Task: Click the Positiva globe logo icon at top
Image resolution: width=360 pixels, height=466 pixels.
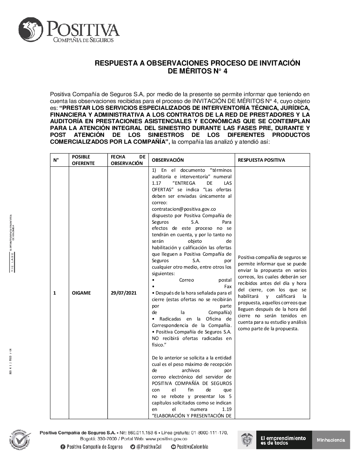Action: pos(31,30)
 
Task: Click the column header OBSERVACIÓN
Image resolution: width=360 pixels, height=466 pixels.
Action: pos(168,160)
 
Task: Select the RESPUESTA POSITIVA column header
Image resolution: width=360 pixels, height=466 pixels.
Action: pos(261,160)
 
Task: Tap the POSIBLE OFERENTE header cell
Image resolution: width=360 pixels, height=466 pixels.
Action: pos(83,160)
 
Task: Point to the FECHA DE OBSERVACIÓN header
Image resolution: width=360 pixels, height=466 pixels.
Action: pos(128,160)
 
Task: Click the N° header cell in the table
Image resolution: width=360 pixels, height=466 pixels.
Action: pos(56,160)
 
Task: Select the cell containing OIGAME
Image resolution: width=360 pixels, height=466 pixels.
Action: pos(81,293)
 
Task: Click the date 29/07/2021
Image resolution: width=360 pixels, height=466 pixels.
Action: pos(123,293)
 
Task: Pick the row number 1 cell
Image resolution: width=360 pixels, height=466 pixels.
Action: pos(55,293)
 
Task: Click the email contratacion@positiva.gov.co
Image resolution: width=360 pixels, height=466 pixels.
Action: pos(184,209)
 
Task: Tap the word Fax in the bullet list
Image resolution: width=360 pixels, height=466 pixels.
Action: pos(228,286)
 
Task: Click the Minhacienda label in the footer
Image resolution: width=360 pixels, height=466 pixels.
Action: pos(331,440)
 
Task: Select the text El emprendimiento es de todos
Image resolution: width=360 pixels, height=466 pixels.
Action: pos(283,440)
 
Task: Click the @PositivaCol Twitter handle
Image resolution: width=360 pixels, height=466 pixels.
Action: pos(148,447)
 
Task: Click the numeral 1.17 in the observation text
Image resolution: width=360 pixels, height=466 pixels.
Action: pos(157,183)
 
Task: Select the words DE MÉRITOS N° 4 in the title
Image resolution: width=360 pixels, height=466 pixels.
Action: pos(197,71)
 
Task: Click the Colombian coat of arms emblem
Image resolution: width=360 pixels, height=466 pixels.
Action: pos(247,440)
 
